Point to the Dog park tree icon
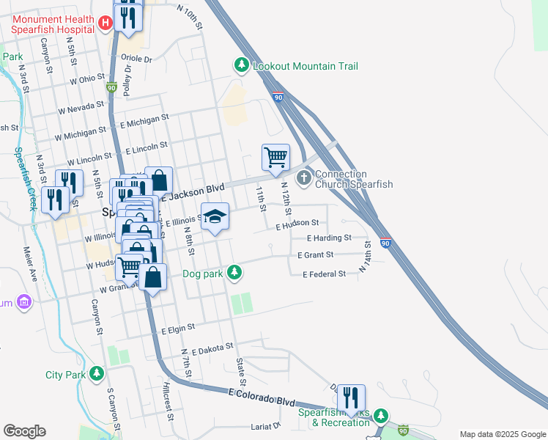click(234, 273)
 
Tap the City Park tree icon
click(97, 374)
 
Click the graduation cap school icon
click(215, 216)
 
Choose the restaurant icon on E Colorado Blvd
click(351, 398)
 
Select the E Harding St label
click(329, 238)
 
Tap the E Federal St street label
click(324, 274)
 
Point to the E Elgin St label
click(179, 329)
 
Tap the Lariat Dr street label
click(266, 425)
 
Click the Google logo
click(24, 431)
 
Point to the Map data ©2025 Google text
click(502, 434)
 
